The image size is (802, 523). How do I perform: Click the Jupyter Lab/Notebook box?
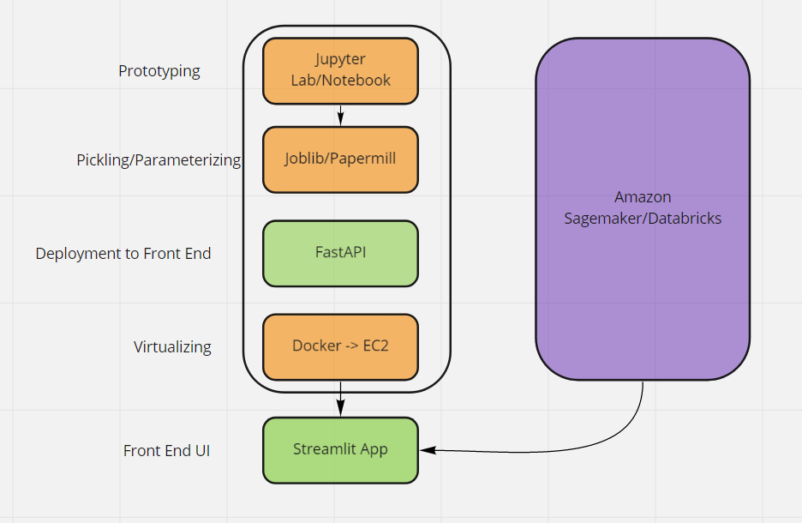tap(340, 70)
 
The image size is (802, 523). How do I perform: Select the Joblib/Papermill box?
tap(340, 159)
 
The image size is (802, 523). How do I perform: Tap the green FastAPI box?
tap(340, 253)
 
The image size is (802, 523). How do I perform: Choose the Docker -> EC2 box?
tap(340, 346)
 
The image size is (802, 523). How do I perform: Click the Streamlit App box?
tap(340, 449)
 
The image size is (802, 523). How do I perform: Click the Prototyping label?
tap(159, 71)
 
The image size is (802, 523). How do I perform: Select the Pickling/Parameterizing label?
tap(159, 160)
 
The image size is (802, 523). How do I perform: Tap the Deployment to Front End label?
tap(123, 254)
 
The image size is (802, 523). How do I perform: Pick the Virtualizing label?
tap(172, 347)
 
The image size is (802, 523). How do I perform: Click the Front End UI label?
tap(167, 451)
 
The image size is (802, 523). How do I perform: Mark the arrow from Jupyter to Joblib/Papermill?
tap(340, 114)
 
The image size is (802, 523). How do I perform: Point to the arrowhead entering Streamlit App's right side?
tap(425, 449)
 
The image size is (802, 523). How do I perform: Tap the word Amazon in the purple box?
tap(643, 198)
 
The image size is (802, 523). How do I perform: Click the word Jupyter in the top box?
tap(340, 60)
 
